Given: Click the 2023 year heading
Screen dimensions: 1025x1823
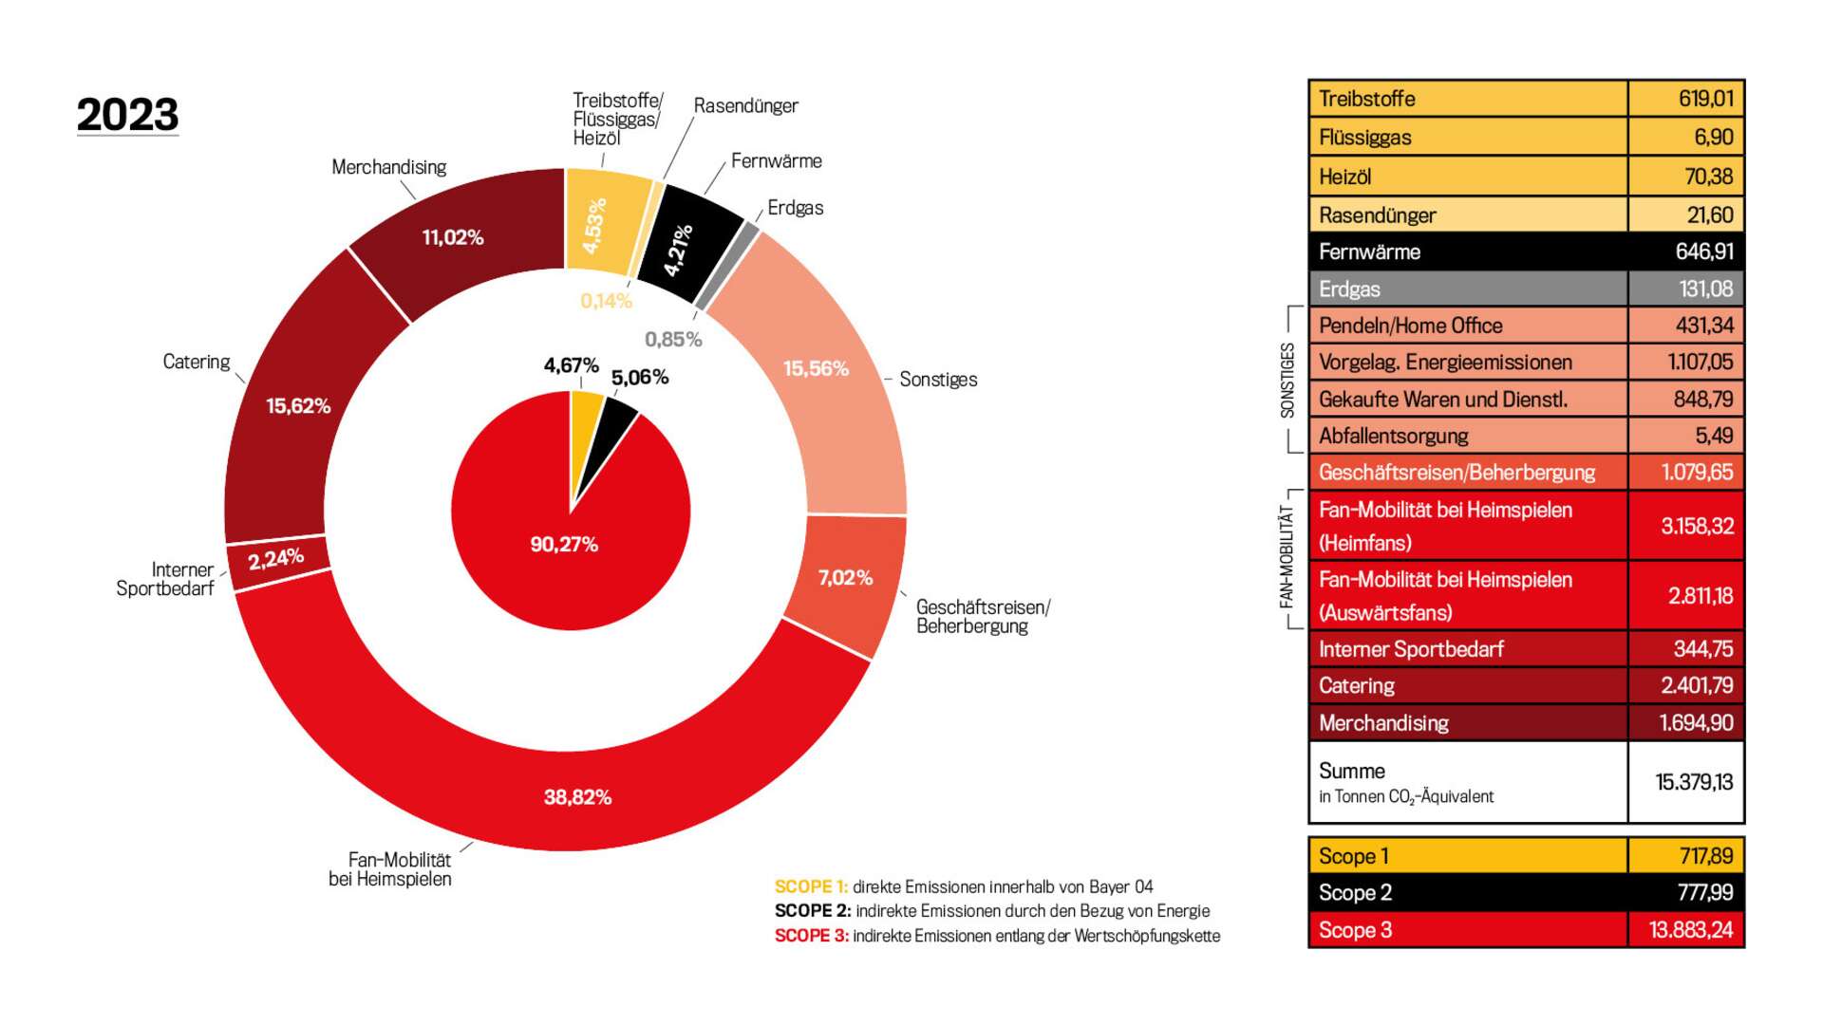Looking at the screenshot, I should pos(127,115).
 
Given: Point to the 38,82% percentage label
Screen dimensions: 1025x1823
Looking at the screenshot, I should pos(577,797).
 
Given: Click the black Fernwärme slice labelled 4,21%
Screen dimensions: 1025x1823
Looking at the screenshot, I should pos(686,245).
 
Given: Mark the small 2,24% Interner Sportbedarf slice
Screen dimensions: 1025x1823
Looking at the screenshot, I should pos(276,559).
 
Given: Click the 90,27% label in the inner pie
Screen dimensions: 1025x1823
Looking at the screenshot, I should pos(564,545).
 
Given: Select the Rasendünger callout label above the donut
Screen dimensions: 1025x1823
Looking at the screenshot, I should pos(745,105).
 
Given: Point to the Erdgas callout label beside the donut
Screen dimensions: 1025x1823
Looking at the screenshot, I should pos(795,208).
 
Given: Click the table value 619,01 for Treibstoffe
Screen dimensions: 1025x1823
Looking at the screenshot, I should pos(1705,99).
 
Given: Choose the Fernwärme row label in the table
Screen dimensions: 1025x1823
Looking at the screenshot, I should pos(1369,252).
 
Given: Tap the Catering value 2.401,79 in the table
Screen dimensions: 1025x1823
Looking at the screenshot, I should pos(1696,685).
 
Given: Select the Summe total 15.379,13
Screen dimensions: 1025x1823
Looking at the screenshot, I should pos(1694,782).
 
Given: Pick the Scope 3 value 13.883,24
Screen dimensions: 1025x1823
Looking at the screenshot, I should pos(1690,930).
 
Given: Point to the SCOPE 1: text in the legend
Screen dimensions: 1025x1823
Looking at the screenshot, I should pos(811,886).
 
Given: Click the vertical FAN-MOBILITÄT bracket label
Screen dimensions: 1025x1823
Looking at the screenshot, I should pos(1287,556).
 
